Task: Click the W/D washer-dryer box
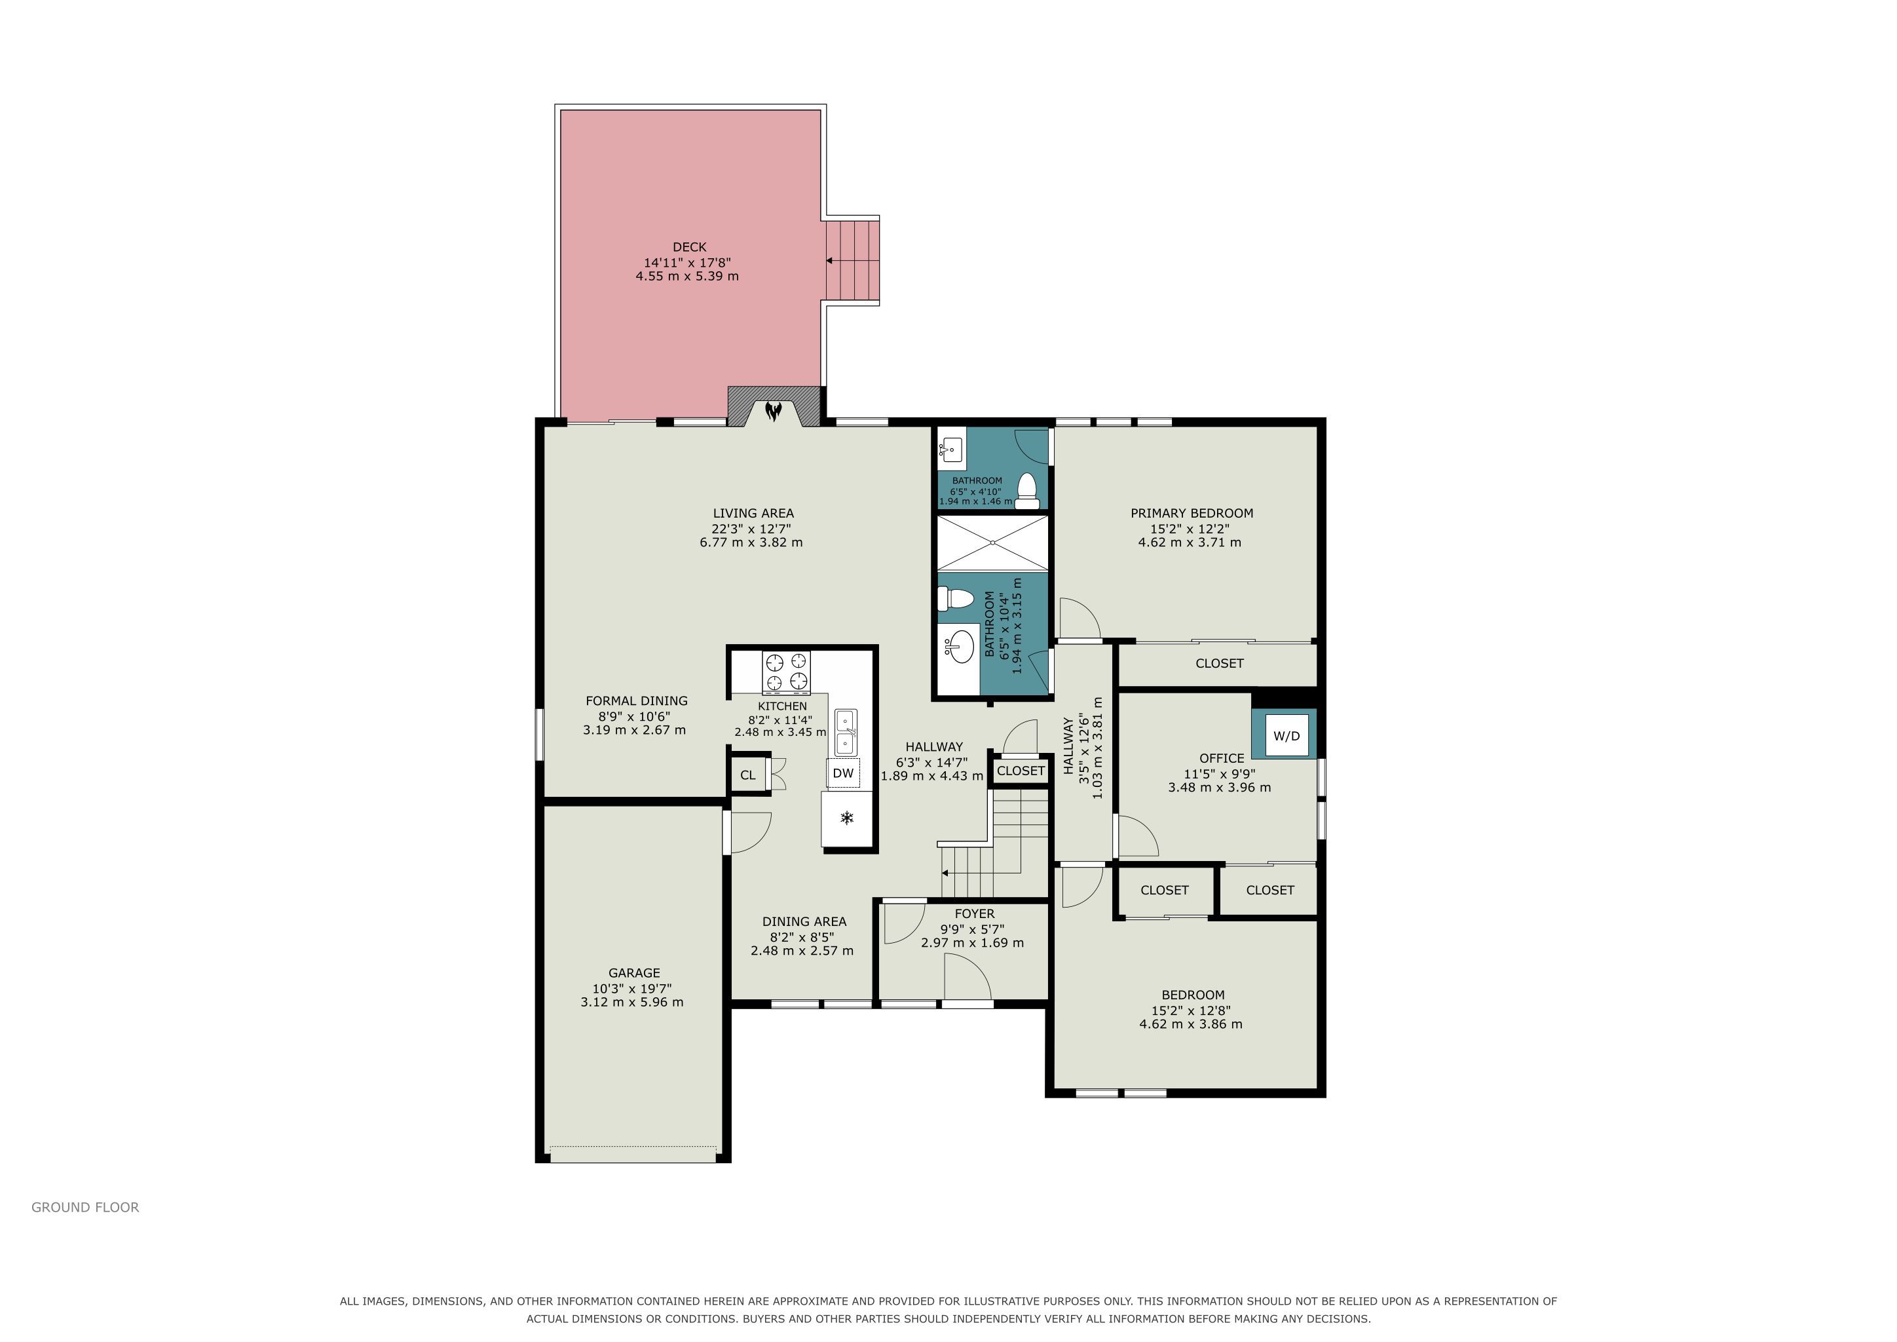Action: click(1287, 735)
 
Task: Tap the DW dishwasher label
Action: click(843, 773)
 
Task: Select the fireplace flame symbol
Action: click(774, 411)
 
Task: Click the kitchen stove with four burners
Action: click(787, 672)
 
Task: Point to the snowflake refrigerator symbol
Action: click(847, 818)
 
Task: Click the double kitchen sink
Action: click(845, 732)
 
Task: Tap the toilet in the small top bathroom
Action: click(1027, 491)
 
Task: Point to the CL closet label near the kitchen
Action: click(747, 775)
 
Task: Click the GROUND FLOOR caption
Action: click(85, 1207)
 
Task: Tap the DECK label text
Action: click(690, 247)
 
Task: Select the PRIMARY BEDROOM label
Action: click(1192, 513)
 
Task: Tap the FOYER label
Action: click(974, 914)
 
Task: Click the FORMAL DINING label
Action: click(636, 700)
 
